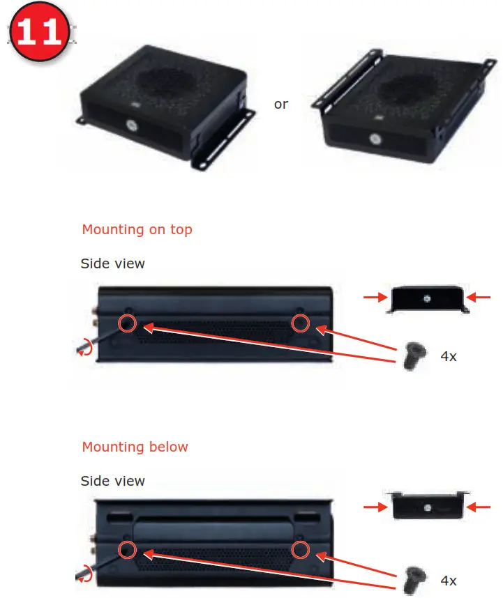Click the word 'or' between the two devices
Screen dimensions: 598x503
coord(281,105)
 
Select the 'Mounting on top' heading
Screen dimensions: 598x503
coord(137,229)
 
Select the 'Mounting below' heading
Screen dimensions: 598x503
coord(135,447)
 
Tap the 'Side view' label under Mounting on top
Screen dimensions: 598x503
coord(113,263)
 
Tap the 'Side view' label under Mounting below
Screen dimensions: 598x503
coord(113,481)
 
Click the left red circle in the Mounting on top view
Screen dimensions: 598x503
coord(127,323)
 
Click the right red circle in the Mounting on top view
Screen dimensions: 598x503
coord(300,323)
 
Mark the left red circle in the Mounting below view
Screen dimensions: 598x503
coord(127,549)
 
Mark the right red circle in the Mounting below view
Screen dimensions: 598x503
coord(300,549)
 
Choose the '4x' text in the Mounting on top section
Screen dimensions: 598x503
coord(449,356)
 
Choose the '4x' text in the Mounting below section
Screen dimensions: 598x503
coord(449,581)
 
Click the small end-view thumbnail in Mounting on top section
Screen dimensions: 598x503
coord(427,299)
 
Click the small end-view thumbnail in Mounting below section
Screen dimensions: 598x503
coord(427,507)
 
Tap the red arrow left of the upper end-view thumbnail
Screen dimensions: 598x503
coord(375,298)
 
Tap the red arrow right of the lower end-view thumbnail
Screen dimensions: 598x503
coord(479,507)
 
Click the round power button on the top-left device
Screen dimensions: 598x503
coord(130,127)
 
